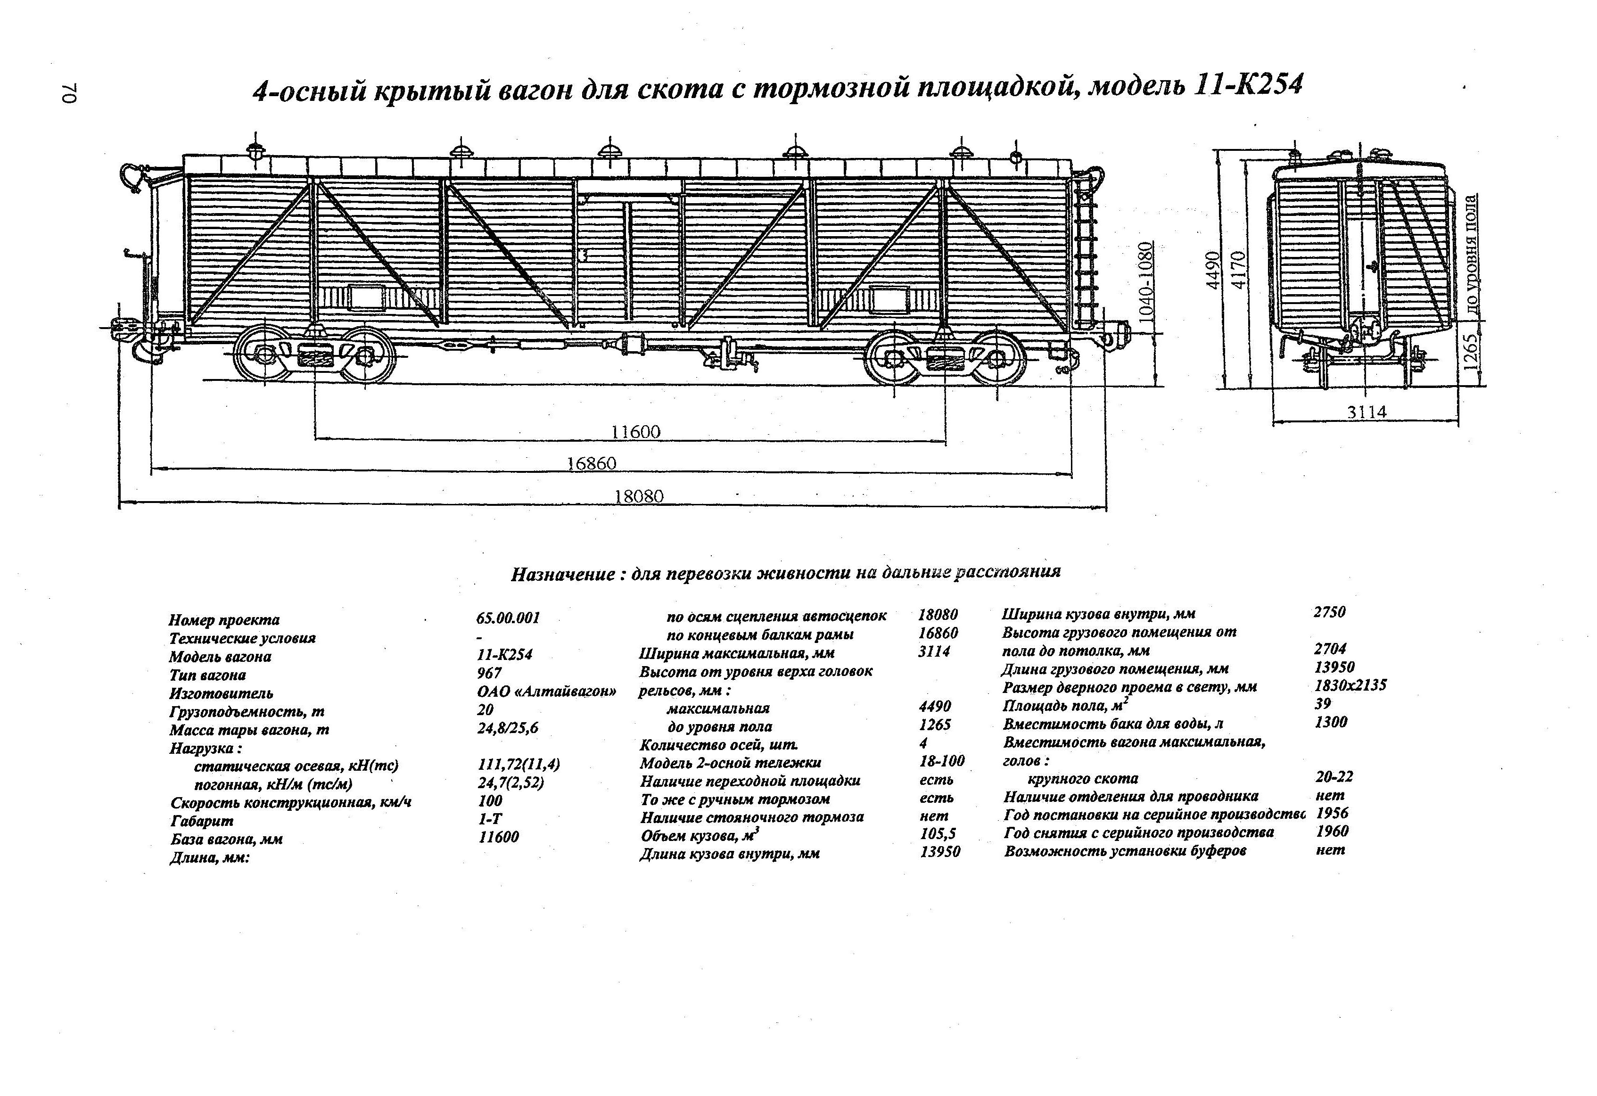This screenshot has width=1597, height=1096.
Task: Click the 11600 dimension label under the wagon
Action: click(635, 432)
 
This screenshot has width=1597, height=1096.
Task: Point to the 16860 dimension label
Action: click(592, 464)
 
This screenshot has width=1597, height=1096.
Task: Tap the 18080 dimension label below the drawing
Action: click(639, 496)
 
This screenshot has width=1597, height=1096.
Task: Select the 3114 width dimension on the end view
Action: click(1367, 412)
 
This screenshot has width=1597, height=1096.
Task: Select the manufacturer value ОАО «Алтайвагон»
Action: click(547, 692)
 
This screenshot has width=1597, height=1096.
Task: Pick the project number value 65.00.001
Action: click(509, 618)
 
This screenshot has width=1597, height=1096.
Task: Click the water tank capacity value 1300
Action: click(1331, 722)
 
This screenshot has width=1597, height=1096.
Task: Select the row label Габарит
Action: click(202, 821)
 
